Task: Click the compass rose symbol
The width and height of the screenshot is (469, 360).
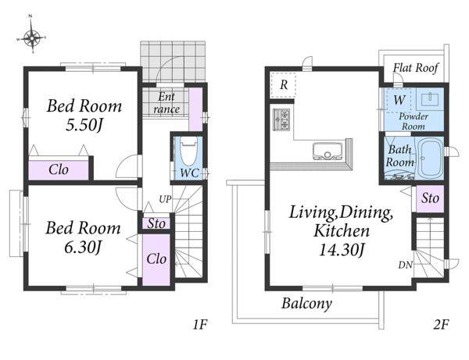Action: (31, 38)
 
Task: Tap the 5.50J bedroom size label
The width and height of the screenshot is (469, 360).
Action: (84, 125)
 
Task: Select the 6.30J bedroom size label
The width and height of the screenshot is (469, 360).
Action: (84, 247)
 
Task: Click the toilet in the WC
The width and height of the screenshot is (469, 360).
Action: (188, 151)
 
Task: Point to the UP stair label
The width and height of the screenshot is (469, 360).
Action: (165, 199)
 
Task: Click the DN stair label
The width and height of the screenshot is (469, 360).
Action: (405, 265)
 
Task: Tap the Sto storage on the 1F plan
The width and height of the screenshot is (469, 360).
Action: (156, 223)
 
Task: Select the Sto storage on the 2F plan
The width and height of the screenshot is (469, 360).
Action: (430, 198)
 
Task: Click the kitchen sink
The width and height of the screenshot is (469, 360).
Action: (328, 151)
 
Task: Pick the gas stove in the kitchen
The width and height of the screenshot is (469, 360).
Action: (281, 119)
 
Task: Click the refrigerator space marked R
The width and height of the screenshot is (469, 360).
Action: (283, 84)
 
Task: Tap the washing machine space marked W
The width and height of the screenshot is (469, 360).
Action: (399, 99)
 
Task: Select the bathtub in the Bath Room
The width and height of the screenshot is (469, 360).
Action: (430, 158)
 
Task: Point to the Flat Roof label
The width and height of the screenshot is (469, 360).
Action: (416, 68)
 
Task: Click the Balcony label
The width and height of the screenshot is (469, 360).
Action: (306, 304)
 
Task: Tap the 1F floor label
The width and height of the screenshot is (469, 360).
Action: (199, 324)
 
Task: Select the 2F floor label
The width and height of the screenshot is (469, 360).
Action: (441, 324)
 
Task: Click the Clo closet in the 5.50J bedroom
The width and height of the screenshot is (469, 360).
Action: (59, 170)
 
